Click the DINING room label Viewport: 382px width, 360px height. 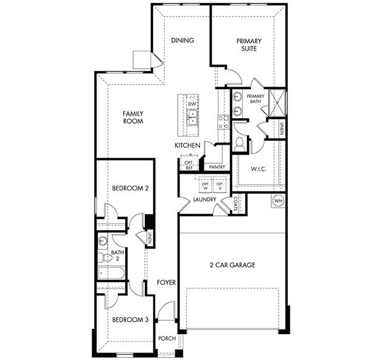[183, 41]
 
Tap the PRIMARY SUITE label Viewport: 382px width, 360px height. [249, 45]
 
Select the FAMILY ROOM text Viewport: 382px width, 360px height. [132, 118]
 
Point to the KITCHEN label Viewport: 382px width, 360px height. [187, 145]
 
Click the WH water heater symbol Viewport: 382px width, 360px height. [277, 200]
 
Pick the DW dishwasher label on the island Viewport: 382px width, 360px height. [192, 105]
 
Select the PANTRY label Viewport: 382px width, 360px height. [217, 167]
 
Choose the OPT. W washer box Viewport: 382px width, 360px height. [205, 186]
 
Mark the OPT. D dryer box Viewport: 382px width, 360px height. [219, 186]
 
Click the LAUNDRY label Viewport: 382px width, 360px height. [204, 200]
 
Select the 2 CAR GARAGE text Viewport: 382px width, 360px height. [232, 265]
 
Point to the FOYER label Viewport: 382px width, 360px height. [166, 283]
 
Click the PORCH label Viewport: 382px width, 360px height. [167, 338]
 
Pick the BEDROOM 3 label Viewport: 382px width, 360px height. [130, 320]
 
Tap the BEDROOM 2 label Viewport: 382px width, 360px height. [130, 188]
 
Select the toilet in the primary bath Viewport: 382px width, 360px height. [240, 144]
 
